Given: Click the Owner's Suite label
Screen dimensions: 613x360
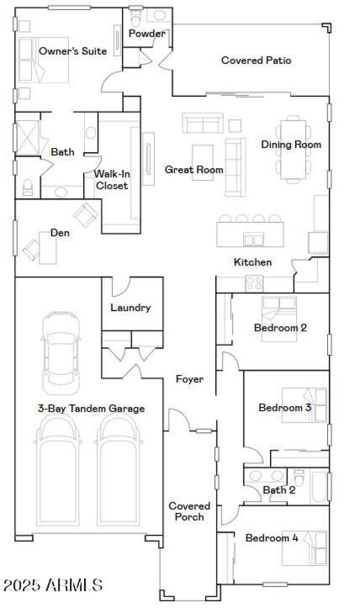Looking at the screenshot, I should point(73,51).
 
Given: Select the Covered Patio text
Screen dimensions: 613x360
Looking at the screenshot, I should point(256,60).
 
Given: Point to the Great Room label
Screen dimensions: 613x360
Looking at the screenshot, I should point(194,170).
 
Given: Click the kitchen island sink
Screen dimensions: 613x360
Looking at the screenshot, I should point(253,239).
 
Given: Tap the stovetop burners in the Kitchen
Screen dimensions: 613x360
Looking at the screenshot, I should point(254,284).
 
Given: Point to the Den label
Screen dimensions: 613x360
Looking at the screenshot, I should point(59,233).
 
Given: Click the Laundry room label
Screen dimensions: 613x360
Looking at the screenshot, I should point(130,308).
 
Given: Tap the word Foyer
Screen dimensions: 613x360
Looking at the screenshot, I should point(189,379).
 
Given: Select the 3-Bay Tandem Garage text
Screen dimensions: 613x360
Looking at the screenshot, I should point(91,408).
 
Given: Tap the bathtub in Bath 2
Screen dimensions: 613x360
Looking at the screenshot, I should point(319,487).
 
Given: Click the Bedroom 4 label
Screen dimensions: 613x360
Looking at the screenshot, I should point(272,538).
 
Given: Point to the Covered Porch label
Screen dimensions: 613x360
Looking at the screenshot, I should point(189,512).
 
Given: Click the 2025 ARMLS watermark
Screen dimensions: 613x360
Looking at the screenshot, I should point(53,585).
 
